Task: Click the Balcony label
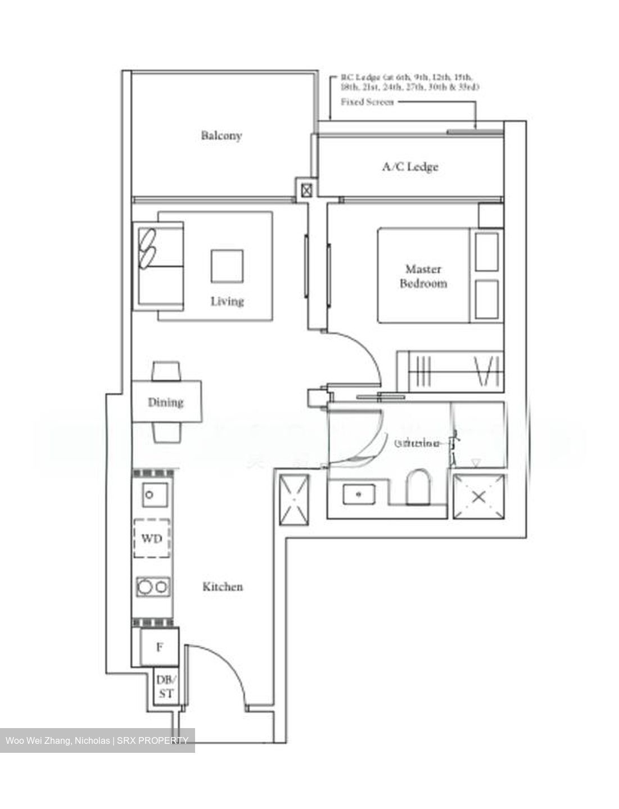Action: (x=222, y=135)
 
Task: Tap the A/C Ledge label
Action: (x=410, y=166)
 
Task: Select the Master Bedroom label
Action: (x=423, y=276)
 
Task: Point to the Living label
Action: (x=227, y=301)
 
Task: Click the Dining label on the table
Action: (x=166, y=402)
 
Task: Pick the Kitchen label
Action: (x=223, y=587)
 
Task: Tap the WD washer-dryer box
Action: (x=152, y=538)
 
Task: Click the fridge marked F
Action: (x=160, y=647)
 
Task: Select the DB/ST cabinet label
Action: (x=166, y=687)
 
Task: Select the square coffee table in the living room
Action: (x=227, y=266)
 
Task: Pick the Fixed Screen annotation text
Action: (x=367, y=102)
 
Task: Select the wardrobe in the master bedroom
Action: (x=450, y=371)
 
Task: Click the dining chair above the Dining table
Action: (x=166, y=371)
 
